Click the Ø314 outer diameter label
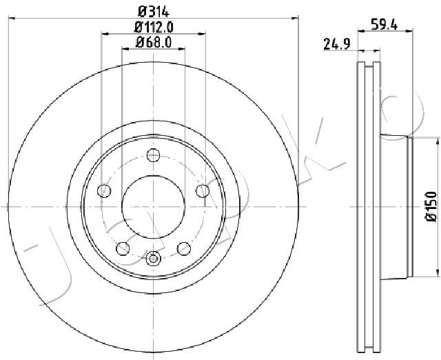point(153,11)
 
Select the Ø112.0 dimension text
point(153,28)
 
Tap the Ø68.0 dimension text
point(153,43)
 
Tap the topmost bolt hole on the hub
point(153,157)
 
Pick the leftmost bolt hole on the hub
point(105,190)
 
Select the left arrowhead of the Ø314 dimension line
point(12,17)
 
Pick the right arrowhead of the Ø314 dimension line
point(295,17)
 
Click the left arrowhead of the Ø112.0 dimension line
point(105,33)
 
